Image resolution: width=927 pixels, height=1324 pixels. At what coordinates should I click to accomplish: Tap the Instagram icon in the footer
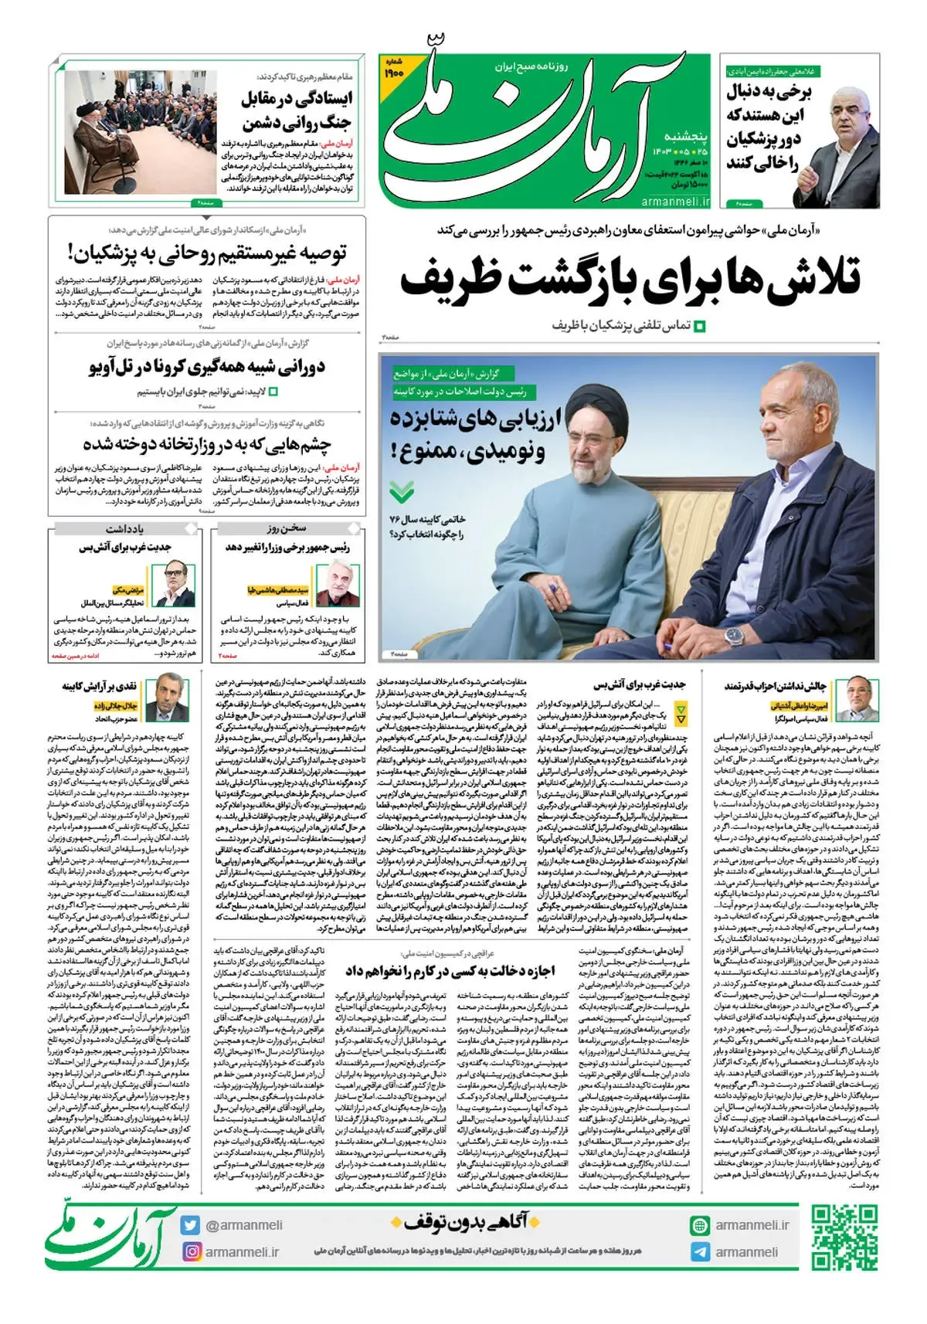point(191,1251)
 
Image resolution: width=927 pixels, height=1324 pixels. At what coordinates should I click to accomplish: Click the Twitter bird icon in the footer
point(191,1224)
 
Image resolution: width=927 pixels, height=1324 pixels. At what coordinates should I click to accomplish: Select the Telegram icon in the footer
point(700,1251)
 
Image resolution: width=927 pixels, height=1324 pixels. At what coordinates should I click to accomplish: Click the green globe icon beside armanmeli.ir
point(700,1225)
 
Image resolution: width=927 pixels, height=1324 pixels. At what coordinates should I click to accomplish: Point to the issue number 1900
point(395,71)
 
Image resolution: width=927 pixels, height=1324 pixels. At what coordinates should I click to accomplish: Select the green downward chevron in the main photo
point(401,491)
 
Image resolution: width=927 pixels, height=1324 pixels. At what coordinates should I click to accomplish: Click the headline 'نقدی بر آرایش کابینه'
point(100,686)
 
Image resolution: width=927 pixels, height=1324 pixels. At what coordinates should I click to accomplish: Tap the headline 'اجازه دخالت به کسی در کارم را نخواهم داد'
point(450,970)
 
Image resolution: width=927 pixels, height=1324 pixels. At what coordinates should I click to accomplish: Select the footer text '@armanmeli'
point(243,1225)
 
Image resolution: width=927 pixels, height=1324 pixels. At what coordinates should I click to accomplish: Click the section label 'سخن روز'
point(287,528)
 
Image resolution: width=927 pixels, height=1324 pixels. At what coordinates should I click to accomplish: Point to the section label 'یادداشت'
point(124,528)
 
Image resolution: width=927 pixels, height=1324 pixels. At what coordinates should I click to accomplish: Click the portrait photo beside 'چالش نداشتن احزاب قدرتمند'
point(861,698)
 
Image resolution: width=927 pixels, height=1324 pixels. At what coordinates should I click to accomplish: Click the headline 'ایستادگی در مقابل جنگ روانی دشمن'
point(297,110)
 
